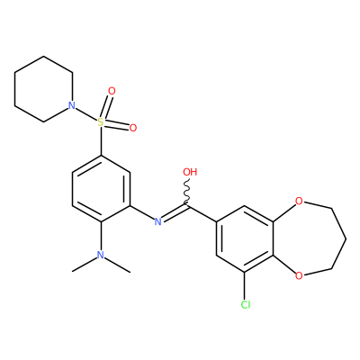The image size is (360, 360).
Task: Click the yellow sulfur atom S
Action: click(101, 122)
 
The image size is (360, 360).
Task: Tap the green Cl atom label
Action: click(246, 305)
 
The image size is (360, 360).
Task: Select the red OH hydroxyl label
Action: click(190, 172)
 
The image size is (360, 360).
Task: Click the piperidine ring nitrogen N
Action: click(71, 105)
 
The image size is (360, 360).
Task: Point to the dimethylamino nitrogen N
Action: click(101, 255)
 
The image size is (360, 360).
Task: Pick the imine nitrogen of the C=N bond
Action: click(158, 221)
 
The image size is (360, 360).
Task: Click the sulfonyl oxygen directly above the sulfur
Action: click(112, 91)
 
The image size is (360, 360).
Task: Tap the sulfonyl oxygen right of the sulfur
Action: click(133, 128)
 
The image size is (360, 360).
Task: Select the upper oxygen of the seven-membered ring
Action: click(299, 201)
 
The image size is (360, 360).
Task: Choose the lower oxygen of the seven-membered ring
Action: click(299, 275)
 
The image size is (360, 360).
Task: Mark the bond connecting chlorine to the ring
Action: click(245, 285)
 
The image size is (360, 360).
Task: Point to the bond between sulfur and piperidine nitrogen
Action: click(86, 114)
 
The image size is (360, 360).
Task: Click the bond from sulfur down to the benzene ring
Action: click(101, 141)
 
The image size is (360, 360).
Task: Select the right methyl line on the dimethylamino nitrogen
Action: click(117, 265)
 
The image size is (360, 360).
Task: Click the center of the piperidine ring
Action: click(43, 89)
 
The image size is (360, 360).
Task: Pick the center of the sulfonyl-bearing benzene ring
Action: click(101, 189)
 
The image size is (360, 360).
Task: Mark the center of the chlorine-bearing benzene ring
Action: click(245, 238)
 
